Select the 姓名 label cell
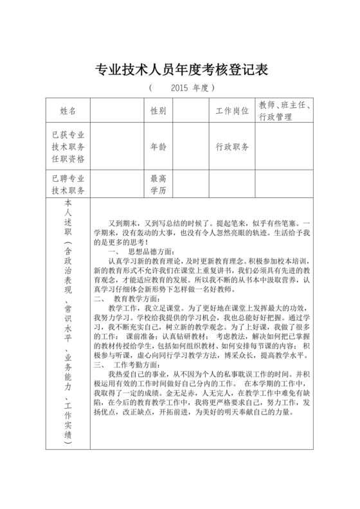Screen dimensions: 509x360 [x=67, y=111]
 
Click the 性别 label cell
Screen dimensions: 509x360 [x=158, y=111]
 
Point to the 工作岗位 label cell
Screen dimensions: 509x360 [x=232, y=111]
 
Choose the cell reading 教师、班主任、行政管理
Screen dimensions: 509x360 [x=283, y=111]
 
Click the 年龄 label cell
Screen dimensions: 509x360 [x=158, y=147]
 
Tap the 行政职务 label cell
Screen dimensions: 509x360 [x=232, y=147]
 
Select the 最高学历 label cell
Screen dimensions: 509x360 [x=158, y=184]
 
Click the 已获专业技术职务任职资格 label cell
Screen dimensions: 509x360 [x=67, y=147]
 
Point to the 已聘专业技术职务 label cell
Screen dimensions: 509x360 [x=67, y=184]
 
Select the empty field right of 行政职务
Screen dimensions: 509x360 [x=283, y=147]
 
